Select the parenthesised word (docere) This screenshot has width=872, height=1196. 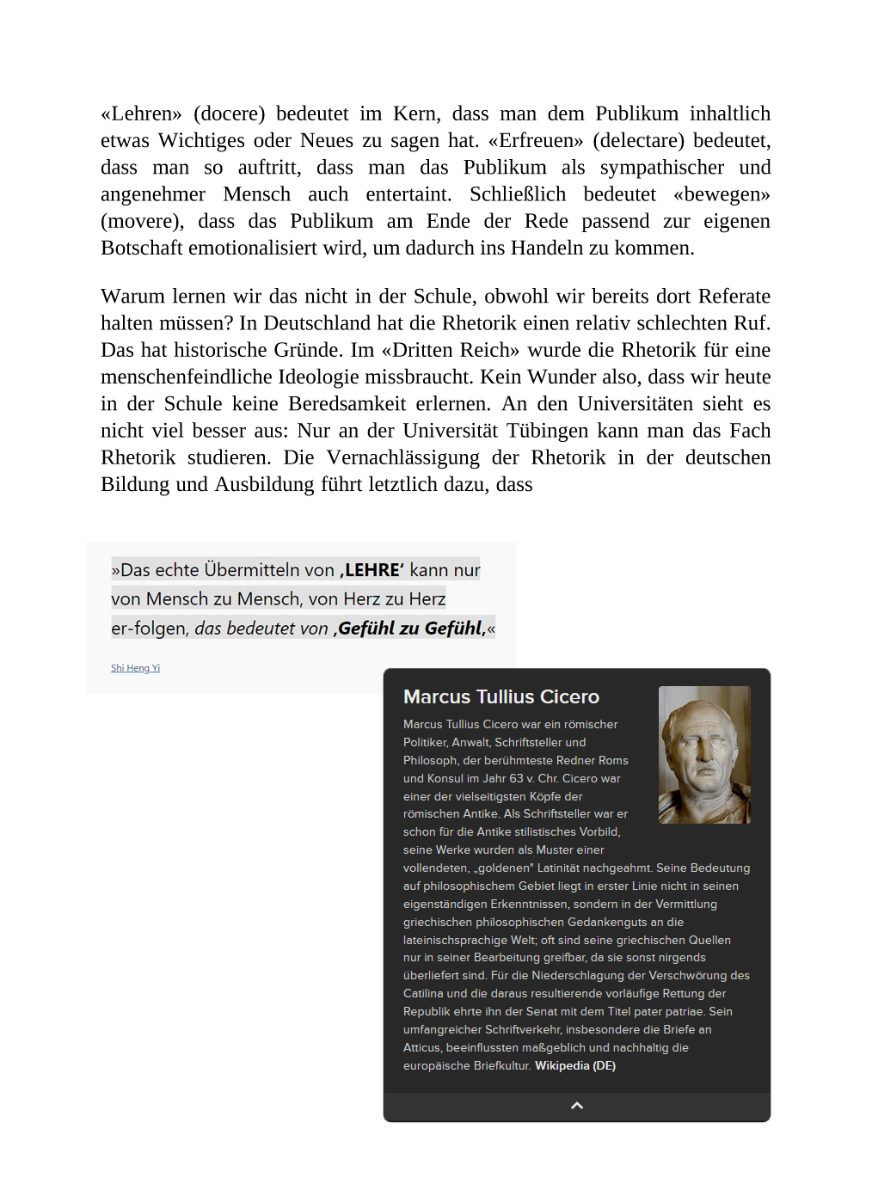[229, 113]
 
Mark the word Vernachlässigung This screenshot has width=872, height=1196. [403, 457]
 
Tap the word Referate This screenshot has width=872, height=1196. [734, 297]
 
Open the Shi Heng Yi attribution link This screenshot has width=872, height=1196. [135, 668]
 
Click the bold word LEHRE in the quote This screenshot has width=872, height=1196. [372, 570]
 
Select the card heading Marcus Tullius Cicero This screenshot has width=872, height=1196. [500, 696]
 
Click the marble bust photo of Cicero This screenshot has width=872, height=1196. [704, 754]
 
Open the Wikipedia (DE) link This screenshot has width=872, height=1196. [574, 1065]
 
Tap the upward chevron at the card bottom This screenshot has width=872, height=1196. [577, 1106]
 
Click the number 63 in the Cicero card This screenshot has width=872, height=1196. [515, 778]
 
